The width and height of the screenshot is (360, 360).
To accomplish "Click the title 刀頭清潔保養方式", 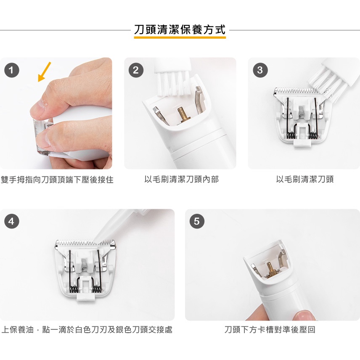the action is point(180,30).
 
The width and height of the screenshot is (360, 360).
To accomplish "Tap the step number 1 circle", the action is point(12,70).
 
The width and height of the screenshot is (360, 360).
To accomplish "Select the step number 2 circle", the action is point(136,70).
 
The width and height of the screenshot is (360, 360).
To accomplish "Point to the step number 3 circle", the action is point(260,70).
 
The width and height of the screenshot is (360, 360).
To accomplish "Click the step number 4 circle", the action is point(12,221).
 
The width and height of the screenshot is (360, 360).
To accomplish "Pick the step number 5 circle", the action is point(197,221).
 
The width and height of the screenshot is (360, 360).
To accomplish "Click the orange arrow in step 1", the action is point(44,71).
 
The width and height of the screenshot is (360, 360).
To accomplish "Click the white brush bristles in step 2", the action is point(174,83).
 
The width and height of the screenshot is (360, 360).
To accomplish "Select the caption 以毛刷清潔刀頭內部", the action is point(181,179).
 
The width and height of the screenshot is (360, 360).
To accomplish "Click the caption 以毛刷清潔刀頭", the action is point(304,179).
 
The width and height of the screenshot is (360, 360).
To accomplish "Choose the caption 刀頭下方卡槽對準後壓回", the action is point(270,330).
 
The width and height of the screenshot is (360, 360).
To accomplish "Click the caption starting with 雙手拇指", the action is point(57,180).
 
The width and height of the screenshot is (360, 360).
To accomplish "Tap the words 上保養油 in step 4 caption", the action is point(18,330).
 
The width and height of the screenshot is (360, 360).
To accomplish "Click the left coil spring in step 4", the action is point(73,289).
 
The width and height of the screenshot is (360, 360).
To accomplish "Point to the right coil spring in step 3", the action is point(313,135).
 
